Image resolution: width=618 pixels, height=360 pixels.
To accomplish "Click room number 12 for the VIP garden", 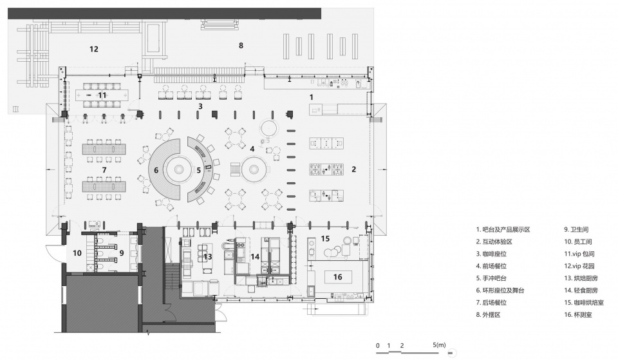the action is point(94,50).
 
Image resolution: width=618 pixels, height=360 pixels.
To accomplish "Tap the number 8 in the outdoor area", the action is point(241,45).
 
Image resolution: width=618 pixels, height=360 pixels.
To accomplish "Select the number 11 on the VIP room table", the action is point(102,95).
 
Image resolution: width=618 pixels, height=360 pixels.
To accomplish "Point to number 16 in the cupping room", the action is point(338,277).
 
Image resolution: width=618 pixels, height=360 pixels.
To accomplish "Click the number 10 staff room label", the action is point(77,252).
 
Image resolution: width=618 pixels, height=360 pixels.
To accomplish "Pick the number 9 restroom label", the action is point(122,252).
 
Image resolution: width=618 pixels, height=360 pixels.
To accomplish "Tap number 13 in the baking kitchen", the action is point(208,257).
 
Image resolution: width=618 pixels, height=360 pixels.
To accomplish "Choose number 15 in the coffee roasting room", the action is point(325,238).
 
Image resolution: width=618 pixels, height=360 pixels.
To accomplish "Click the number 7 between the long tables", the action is point(104,170).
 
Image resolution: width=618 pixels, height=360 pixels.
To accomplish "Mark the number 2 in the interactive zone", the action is point(353,169).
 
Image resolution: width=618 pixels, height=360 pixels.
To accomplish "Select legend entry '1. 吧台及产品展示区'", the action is point(503,229).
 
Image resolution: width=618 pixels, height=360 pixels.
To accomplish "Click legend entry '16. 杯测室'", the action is point(578,315).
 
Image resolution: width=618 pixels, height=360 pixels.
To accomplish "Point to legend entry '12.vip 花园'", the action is point(579,266).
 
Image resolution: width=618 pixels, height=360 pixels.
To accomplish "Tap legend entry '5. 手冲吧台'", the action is point(491,278).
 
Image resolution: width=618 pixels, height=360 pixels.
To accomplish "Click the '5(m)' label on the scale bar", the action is point(439,345).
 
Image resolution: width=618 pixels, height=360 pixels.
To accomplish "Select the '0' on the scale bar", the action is point(378,346).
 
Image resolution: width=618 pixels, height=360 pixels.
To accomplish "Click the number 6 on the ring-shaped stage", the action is point(156,170).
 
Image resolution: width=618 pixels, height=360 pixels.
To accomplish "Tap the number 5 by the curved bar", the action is point(199,170).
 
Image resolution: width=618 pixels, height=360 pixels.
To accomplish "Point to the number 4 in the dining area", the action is point(252,149).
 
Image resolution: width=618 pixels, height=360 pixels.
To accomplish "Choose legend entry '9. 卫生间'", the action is point(576,229).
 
